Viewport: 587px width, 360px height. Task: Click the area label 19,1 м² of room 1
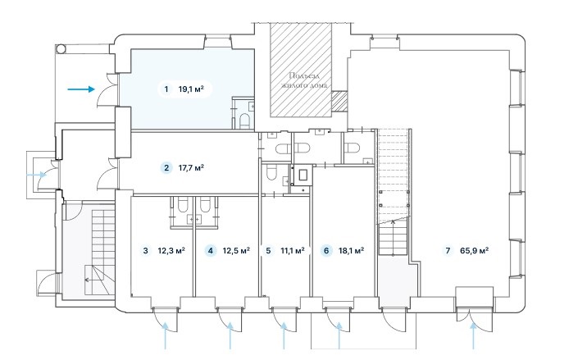click(x=191, y=89)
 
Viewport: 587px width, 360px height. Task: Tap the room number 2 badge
click(x=166, y=168)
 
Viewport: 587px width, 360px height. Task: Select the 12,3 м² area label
click(x=171, y=251)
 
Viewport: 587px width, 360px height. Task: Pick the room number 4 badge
click(x=211, y=251)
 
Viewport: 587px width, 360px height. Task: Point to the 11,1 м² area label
click(x=293, y=251)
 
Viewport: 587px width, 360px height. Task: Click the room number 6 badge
click(x=326, y=251)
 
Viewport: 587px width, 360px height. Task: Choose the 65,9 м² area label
click(x=474, y=251)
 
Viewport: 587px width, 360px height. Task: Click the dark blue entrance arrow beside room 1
click(x=81, y=89)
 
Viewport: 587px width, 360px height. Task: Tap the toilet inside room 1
click(x=244, y=121)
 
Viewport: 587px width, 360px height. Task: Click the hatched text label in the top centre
click(x=304, y=80)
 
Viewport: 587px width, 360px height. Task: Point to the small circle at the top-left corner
click(x=61, y=48)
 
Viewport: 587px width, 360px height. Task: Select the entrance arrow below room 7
click(x=474, y=336)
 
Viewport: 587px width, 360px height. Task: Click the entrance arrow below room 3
click(x=165, y=336)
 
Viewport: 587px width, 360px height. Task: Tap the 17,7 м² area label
click(x=191, y=168)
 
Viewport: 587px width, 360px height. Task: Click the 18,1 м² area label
click(x=351, y=251)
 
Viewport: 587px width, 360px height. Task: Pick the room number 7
click(x=448, y=251)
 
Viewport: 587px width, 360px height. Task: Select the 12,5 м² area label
click(x=236, y=251)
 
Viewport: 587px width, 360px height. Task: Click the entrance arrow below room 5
click(x=284, y=336)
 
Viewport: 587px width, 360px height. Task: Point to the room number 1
click(x=166, y=89)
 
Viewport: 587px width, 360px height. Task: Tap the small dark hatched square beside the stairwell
click(x=339, y=101)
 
